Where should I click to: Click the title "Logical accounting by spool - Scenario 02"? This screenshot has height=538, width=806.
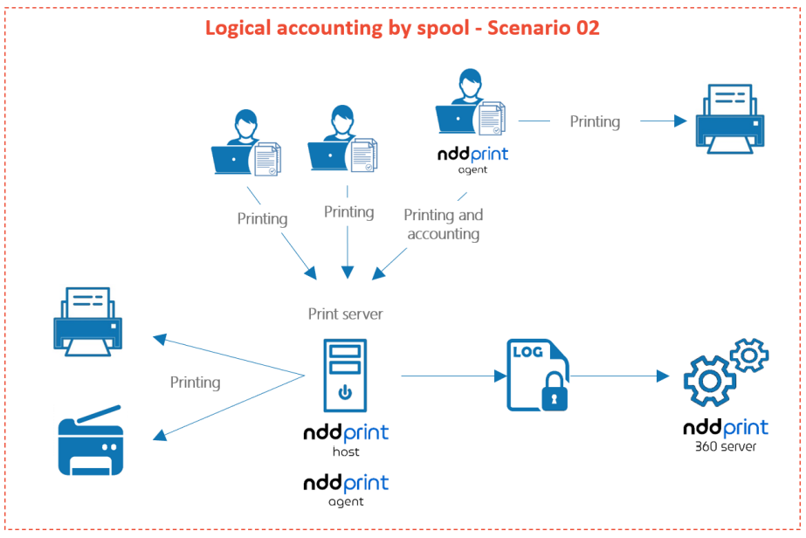pyautogui.click(x=403, y=27)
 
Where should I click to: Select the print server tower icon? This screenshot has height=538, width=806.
pyautogui.click(x=345, y=374)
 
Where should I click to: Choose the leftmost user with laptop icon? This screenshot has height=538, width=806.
pyautogui.click(x=245, y=145)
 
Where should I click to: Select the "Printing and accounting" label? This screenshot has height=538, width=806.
pyautogui.click(x=444, y=224)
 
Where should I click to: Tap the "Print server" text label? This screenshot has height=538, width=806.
pyautogui.click(x=345, y=314)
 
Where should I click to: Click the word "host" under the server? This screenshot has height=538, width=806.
pyautogui.click(x=345, y=452)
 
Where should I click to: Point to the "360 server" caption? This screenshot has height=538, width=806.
pyautogui.click(x=726, y=447)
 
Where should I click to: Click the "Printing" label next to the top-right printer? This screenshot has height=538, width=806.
pyautogui.click(x=595, y=121)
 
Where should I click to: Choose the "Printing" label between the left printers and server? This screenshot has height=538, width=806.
pyautogui.click(x=195, y=383)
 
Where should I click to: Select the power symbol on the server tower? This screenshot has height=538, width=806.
pyautogui.click(x=345, y=392)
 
